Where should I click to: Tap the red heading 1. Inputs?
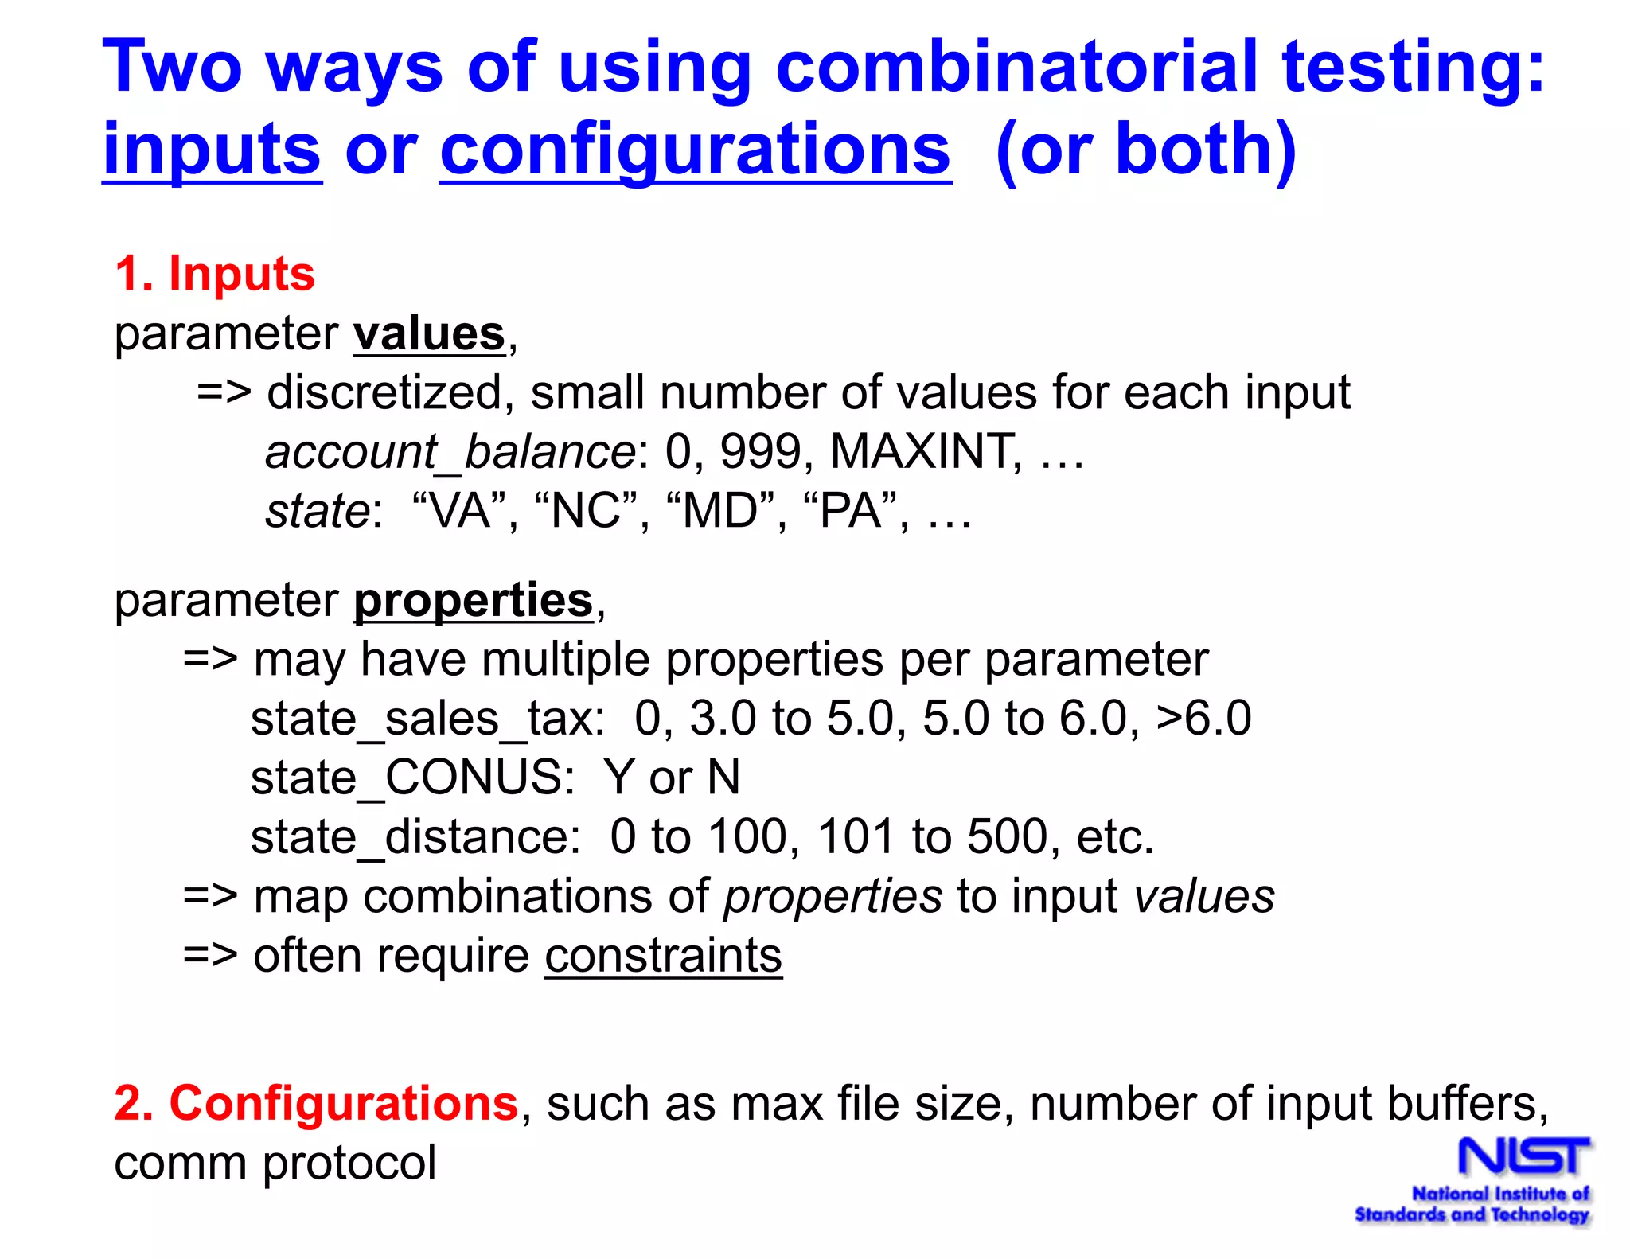(x=215, y=274)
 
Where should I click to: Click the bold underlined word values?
(x=430, y=333)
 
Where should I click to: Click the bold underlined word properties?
(x=474, y=600)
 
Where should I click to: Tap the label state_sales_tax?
(x=427, y=719)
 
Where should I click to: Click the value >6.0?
(x=1203, y=719)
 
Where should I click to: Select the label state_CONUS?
(x=411, y=778)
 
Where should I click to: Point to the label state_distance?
(x=415, y=837)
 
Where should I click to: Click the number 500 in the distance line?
(x=1013, y=837)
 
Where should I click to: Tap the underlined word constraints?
(x=663, y=956)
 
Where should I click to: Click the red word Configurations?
(x=344, y=1104)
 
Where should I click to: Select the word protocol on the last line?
(x=349, y=1163)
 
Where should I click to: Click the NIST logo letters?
(x=1523, y=1156)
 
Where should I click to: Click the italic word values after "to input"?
(x=1203, y=897)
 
